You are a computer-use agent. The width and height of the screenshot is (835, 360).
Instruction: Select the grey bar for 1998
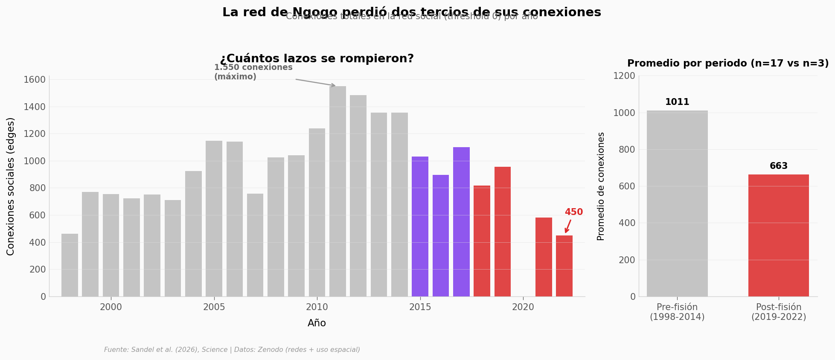pos(70,265)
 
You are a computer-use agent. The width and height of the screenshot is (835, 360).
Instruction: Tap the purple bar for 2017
pos(461,222)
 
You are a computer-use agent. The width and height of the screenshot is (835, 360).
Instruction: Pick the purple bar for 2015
pos(420,226)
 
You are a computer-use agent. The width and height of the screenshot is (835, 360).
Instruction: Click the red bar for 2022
pos(564,266)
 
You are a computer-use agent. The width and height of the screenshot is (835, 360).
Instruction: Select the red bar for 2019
pos(502,232)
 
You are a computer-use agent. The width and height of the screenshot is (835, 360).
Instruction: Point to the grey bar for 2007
pos(255,245)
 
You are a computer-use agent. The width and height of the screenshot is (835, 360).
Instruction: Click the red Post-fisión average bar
pos(778,235)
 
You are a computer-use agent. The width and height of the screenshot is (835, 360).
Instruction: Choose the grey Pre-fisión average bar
pos(677,203)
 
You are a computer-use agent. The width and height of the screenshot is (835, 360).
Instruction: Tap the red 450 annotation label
pos(573,212)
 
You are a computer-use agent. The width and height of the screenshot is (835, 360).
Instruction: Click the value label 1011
pos(677,102)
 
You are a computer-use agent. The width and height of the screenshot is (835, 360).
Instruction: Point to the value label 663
pos(779,166)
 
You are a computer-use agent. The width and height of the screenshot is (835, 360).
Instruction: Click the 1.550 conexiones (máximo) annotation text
pos(253,72)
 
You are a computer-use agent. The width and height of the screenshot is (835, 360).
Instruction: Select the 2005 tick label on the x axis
pos(214,308)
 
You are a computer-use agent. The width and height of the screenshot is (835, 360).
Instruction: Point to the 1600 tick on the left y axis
pos(37,80)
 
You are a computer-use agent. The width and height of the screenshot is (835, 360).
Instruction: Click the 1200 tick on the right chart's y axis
pos(624,76)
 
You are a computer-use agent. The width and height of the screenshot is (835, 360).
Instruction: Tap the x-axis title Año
pos(317,323)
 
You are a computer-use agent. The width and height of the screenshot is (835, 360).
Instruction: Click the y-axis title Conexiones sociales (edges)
pos(11,186)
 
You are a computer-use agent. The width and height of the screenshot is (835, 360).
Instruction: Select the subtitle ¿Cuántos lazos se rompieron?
pos(317,59)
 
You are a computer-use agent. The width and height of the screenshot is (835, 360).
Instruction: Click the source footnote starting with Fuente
pos(232,350)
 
